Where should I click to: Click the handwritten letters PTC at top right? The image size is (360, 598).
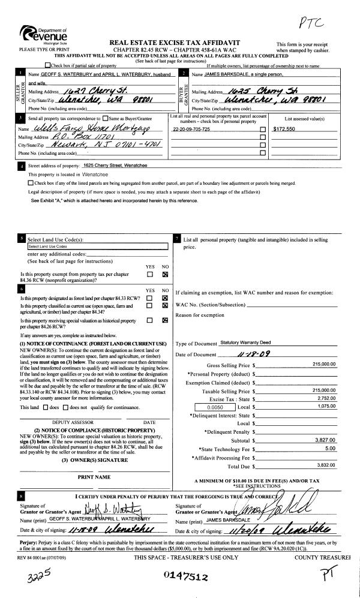click(x=311, y=22)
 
